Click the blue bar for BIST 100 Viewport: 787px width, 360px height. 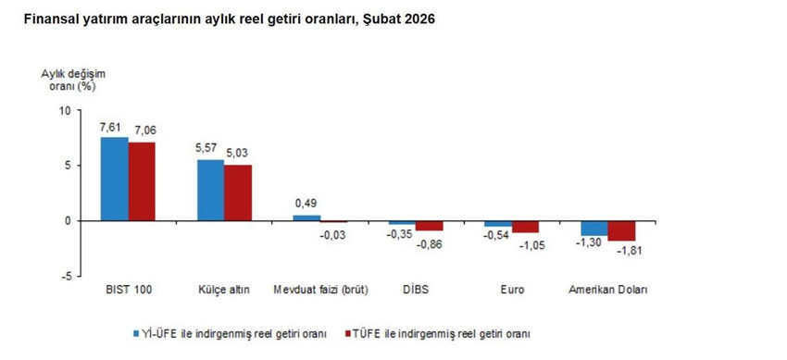[114, 179]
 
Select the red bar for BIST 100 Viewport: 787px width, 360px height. [143, 181]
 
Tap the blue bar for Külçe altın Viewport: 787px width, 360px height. [210, 190]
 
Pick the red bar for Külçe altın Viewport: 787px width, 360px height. [238, 192]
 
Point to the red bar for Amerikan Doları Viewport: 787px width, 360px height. [621, 230]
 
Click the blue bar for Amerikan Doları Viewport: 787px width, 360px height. [593, 228]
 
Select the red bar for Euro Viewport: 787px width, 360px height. [525, 227]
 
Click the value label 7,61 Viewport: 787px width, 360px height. [113, 128]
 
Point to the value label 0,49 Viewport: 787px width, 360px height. [306, 204]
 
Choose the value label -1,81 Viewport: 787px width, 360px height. [623, 252]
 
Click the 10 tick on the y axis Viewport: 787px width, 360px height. [64, 110]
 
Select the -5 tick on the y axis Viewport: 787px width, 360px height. [64, 276]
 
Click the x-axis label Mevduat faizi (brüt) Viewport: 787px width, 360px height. [319, 290]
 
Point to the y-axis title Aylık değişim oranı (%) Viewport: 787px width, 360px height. [67, 80]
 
